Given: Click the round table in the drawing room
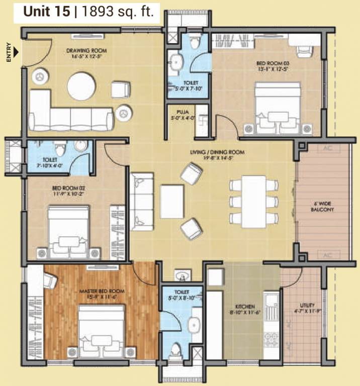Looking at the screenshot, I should [82, 86].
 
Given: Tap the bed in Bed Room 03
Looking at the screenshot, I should [277, 108].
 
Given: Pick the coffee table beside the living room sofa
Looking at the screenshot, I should [172, 201].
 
